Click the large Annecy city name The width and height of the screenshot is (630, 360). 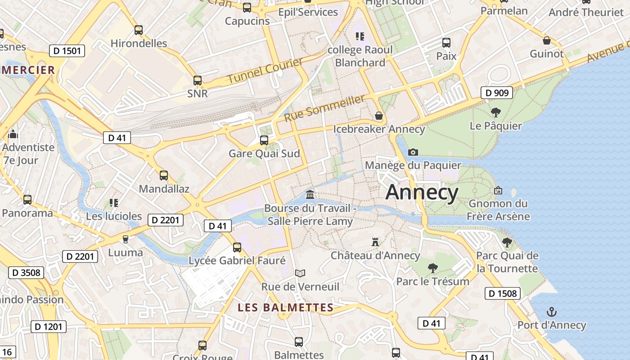[x=422, y=192]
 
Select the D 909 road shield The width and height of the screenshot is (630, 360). [x=497, y=93]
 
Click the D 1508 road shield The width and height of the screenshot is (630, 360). [x=502, y=294]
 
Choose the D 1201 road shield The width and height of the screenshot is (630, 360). [x=49, y=327]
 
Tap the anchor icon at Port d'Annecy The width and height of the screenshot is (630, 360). [x=551, y=312]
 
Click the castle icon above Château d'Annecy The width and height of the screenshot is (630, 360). [x=375, y=242]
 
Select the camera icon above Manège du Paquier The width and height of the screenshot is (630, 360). [x=413, y=152]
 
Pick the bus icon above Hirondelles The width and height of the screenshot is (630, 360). [x=139, y=30]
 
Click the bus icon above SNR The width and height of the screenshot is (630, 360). [x=198, y=81]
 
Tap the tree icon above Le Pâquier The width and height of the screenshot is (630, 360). [x=495, y=112]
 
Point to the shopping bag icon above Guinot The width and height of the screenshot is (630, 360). [x=547, y=41]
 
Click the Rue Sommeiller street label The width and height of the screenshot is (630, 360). [x=324, y=108]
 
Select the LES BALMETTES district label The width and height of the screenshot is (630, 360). [x=285, y=308]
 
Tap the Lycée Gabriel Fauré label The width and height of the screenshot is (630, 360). [x=237, y=261]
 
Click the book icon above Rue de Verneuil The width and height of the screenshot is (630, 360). [x=300, y=273]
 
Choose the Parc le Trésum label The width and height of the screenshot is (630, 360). [x=432, y=281]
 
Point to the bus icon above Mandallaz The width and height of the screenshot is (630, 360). [x=164, y=175]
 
